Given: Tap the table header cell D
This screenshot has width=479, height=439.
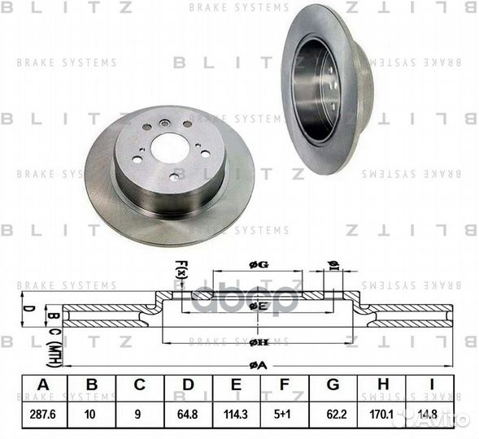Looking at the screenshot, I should (x=187, y=385).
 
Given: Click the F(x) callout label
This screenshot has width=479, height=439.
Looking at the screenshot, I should (x=181, y=269).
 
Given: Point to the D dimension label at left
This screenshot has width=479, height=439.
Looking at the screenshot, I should (x=25, y=309).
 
